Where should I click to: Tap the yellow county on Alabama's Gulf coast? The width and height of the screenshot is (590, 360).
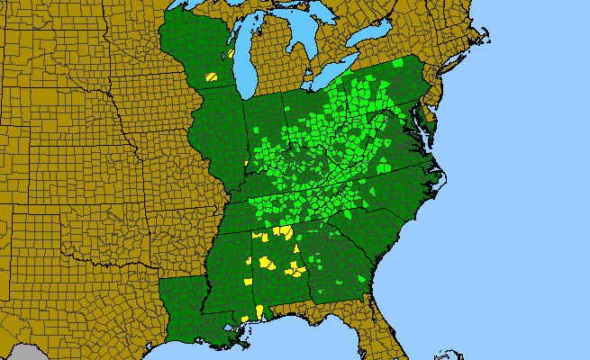259,311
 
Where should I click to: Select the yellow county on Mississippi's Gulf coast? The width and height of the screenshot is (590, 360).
245,318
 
